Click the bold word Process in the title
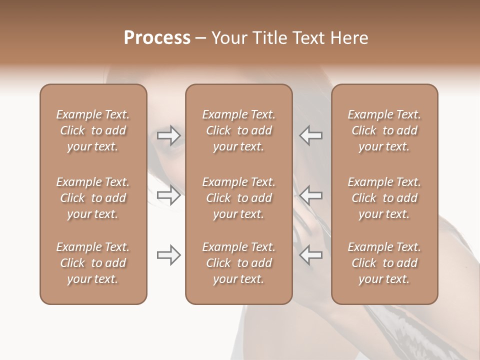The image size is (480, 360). coord(157,38)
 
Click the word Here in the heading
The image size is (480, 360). coord(349,38)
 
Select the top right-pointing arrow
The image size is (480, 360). coord(169,135)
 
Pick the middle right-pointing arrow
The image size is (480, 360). coord(169,195)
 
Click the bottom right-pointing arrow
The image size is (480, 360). coord(169,255)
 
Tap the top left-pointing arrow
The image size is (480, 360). coord(311,135)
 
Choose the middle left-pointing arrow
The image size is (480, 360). coord(311,195)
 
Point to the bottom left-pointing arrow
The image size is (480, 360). coord(311,255)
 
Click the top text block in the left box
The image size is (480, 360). coord(93,130)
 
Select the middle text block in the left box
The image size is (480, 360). coord(93,198)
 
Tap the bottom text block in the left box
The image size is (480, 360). coord(93,263)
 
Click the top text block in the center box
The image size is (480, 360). coord(239,130)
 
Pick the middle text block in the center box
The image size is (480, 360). coord(239,198)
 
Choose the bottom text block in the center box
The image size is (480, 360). coord(239,263)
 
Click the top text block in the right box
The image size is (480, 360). coord(384,130)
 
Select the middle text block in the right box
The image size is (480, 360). coord(384,198)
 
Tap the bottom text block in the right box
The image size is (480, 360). coord(384,263)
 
